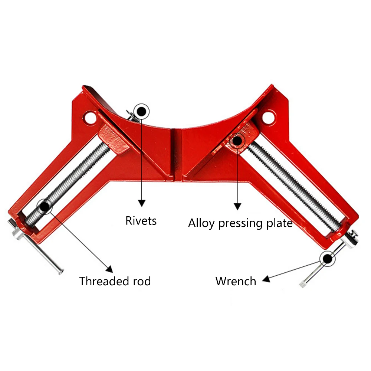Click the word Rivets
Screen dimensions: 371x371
click(x=141, y=221)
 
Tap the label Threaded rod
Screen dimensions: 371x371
click(x=115, y=281)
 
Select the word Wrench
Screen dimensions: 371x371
click(x=236, y=281)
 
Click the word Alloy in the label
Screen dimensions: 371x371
click(x=201, y=223)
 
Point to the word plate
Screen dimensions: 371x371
click(x=279, y=223)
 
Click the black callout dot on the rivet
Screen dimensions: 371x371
click(x=141, y=111)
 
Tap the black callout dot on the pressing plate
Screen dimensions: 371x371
click(x=237, y=141)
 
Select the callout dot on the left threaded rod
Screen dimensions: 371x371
click(x=45, y=207)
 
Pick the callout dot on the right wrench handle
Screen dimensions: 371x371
click(x=328, y=259)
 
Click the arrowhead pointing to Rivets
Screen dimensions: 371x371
click(x=142, y=203)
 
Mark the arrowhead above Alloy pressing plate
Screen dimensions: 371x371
click(x=237, y=206)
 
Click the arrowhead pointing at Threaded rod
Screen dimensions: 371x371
click(x=110, y=269)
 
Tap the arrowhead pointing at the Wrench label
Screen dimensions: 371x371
click(x=266, y=279)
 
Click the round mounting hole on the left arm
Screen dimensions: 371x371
click(x=90, y=117)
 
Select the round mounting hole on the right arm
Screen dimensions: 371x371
click(x=269, y=117)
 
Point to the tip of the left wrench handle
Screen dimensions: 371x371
click(x=61, y=272)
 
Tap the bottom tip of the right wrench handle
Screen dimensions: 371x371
click(x=302, y=285)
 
